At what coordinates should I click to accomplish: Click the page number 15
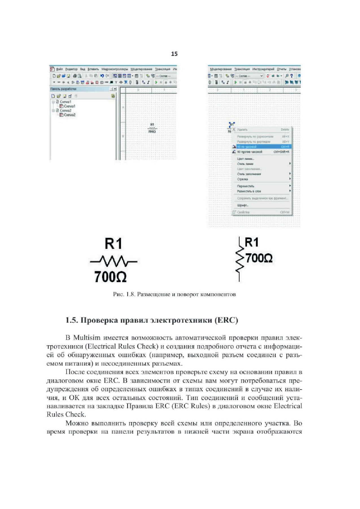tap(174, 54)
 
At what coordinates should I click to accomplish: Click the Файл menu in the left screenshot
tap(59, 69)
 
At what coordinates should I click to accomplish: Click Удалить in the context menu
tap(242, 130)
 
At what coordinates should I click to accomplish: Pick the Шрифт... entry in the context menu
tap(243, 205)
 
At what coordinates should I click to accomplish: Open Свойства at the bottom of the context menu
tap(243, 212)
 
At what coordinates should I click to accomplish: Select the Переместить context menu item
tap(246, 186)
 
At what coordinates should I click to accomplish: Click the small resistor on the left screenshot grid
tap(152, 128)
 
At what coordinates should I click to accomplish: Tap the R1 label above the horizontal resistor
tap(114, 244)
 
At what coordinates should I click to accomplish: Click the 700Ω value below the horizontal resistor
tap(110, 277)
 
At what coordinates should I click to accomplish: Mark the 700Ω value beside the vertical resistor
tap(259, 258)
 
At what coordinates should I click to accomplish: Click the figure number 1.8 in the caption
tap(130, 294)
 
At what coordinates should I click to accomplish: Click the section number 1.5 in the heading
tap(71, 320)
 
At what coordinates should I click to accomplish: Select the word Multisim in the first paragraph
tap(87, 338)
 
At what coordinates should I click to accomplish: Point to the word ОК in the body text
tap(74, 398)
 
